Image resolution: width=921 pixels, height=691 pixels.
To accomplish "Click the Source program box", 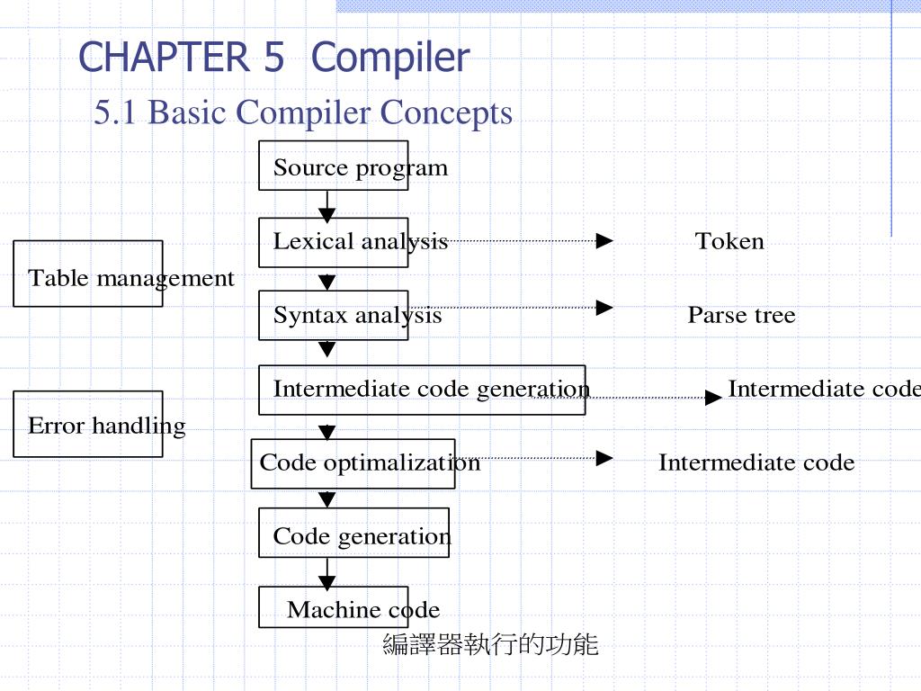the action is coord(334,166).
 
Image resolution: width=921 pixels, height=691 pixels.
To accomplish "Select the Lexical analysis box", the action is coord(334,242).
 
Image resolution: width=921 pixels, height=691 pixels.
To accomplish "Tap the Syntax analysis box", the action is coord(334,315).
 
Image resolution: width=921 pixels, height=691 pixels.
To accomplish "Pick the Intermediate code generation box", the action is coord(422,390).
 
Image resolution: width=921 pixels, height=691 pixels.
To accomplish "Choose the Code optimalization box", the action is coord(353,463).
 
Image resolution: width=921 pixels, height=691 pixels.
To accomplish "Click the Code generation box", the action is coord(354,533).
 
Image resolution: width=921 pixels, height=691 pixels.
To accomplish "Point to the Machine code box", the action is coord(334,607).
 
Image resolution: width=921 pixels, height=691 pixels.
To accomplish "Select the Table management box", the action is coord(88,274).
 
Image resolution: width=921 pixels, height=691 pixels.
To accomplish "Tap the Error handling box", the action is coord(88,424).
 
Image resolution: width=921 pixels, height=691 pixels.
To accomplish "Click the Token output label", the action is coord(729,241).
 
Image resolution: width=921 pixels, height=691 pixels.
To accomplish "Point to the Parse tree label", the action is coord(742,315).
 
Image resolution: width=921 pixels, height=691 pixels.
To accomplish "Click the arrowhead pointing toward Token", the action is coord(604,240).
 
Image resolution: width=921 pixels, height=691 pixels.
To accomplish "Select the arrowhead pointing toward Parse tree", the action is coord(604,308).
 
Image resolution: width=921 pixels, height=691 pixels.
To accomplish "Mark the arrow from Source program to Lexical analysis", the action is coord(327,206).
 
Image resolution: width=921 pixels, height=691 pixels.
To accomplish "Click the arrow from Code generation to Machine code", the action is coord(327,573).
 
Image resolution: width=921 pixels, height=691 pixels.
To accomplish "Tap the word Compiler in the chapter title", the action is coord(390,58).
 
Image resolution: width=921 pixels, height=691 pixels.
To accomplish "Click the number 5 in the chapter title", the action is coord(273,57).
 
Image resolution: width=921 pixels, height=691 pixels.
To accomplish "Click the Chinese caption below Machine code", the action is coord(490,644).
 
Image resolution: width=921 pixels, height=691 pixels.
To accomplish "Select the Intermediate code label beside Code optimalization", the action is coord(756,462).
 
